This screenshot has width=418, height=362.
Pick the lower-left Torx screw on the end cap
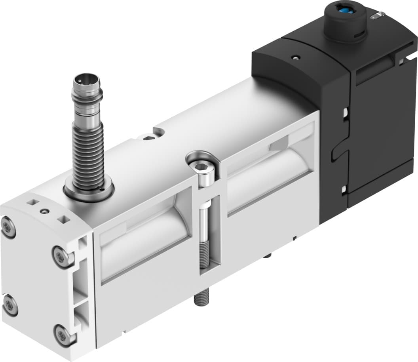[9, 306]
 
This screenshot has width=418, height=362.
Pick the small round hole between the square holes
[46, 211]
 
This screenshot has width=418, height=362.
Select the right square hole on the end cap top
[61, 219]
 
